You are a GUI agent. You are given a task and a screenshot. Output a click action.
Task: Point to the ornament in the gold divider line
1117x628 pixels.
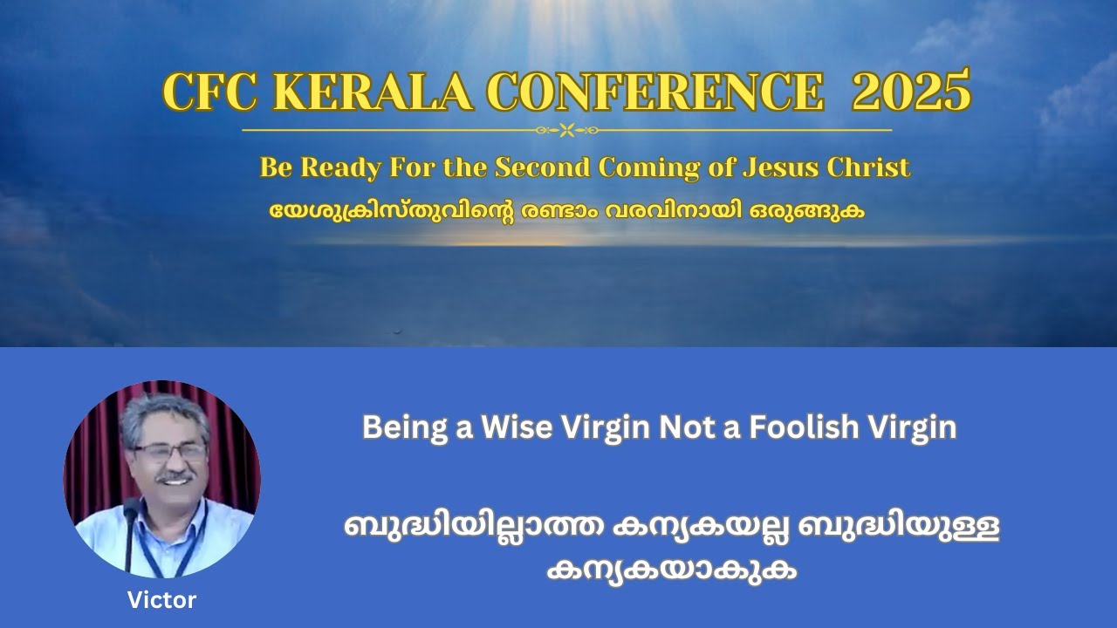pyautogui.click(x=566, y=130)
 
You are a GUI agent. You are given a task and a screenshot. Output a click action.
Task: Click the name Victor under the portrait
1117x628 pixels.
pyautogui.click(x=161, y=600)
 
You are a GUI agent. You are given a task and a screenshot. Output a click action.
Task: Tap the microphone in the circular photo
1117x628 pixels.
pyautogui.click(x=130, y=515)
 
